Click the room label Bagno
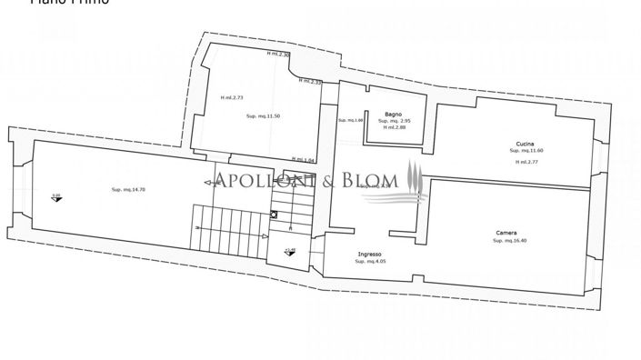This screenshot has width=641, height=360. point(393,114)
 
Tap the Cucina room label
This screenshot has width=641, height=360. point(525,145)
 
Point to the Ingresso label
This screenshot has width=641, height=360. point(369,254)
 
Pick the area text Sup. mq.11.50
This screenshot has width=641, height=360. point(262,116)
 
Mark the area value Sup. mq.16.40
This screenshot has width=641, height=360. point(509,241)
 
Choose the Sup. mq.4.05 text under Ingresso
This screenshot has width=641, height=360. point(370,262)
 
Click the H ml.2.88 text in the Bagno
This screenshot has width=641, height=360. point(395,127)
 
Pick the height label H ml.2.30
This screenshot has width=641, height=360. point(278,54)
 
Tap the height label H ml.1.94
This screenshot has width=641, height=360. point(290,159)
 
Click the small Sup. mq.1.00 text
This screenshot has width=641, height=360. point(351,120)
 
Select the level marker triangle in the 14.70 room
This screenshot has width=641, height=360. point(56,198)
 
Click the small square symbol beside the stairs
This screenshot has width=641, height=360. point(273,215)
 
